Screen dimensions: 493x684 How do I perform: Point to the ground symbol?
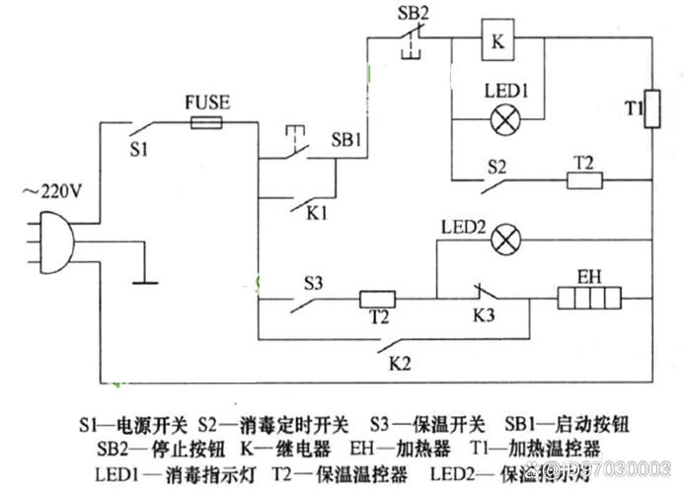click(143, 280)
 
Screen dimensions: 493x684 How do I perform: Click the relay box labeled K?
click(498, 41)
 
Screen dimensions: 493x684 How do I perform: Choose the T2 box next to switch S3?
click(376, 297)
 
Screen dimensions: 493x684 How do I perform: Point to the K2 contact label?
click(399, 363)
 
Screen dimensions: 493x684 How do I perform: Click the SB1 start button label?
click(347, 140)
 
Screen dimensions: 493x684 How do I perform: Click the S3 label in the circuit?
click(313, 282)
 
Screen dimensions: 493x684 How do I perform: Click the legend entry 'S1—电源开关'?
click(133, 424)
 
